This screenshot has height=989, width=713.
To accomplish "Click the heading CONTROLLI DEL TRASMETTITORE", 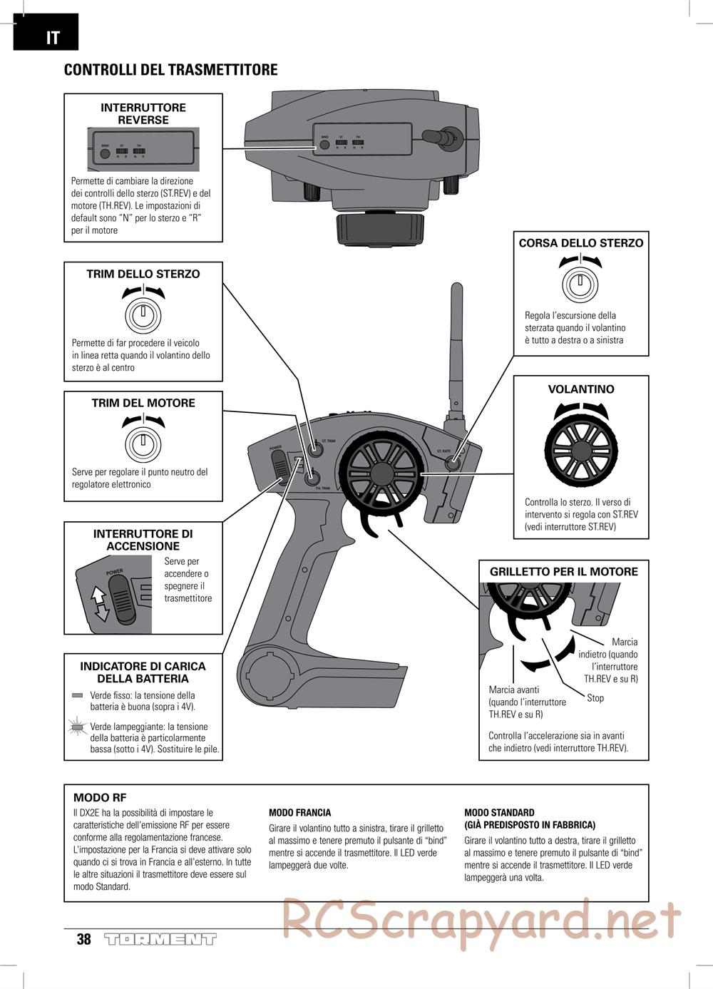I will point(170,70).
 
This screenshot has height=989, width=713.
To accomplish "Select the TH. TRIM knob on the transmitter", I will point(311,479).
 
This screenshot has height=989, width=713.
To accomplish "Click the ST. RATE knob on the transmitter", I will point(452,462).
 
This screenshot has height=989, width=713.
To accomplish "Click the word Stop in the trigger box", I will point(595,698).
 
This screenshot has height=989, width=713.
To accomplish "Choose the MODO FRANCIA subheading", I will point(299,812).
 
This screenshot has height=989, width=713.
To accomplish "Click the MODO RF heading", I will point(100,798).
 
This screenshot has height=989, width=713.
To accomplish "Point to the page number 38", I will point(84,939).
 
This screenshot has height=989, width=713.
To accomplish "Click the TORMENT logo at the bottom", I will point(160,939).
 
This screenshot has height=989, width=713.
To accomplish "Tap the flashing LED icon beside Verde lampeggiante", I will point(78,727).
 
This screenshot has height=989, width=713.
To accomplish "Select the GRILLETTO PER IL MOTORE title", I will point(563,572).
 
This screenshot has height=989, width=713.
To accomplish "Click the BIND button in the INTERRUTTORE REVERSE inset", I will point(105,153).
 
